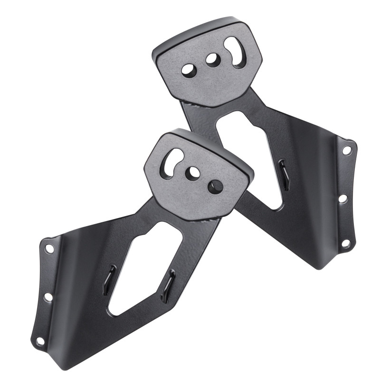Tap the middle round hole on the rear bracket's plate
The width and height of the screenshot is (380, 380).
pyautogui.click(x=212, y=59)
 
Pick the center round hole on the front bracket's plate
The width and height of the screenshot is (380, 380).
pyautogui.click(x=193, y=172)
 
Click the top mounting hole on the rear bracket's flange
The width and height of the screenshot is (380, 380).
pyautogui.click(x=347, y=150)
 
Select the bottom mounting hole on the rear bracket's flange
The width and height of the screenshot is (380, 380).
pyautogui.click(x=346, y=243)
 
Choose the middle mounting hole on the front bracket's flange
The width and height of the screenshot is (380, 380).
pyautogui.click(x=47, y=297)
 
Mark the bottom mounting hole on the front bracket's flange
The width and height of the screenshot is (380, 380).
pyautogui.click(x=40, y=341)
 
